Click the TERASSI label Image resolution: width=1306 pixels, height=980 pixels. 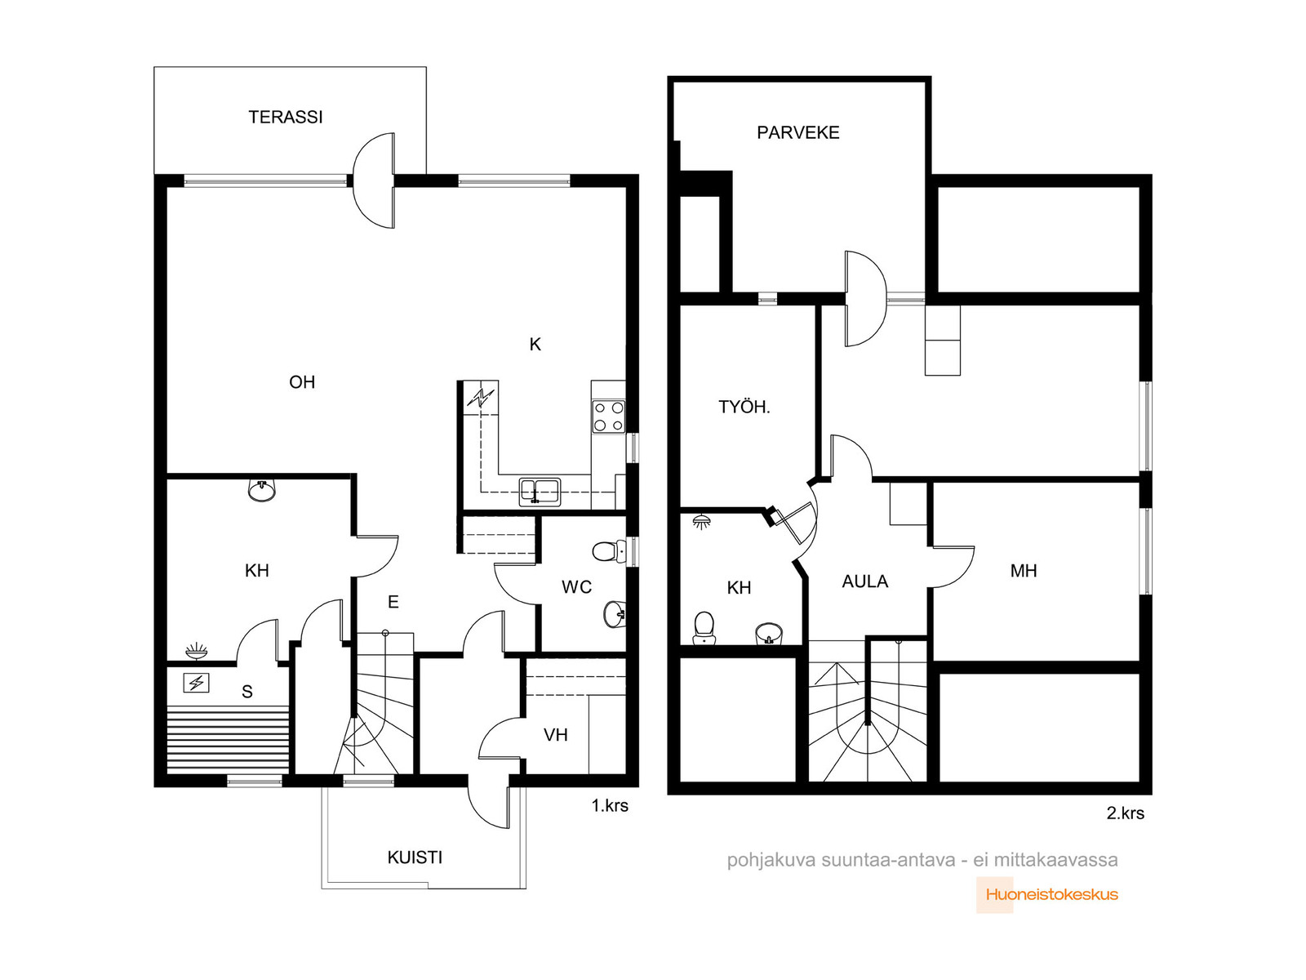286,117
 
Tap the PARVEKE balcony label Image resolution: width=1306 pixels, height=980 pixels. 797,132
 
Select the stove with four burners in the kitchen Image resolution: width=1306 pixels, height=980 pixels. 609,416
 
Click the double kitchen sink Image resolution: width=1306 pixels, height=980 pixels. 539,492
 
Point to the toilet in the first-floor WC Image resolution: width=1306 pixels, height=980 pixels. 609,551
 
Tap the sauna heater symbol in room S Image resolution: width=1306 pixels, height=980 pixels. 196,683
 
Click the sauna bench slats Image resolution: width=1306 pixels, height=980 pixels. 228,739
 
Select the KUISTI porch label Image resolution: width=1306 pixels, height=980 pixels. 415,857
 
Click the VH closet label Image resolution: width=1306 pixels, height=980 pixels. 555,735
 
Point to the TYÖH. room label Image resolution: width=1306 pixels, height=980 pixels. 744,407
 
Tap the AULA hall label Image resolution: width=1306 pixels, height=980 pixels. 865,581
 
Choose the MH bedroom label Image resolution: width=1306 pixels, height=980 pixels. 1024,571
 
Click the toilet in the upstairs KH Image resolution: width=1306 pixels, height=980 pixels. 704,628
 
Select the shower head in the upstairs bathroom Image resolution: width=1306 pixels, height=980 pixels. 702,523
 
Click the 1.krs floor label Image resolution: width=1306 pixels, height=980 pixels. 610,806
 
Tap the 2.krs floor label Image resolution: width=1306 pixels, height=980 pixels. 1125,813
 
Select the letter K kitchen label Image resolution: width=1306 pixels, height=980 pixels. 535,344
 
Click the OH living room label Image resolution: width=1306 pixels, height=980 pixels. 302,382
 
